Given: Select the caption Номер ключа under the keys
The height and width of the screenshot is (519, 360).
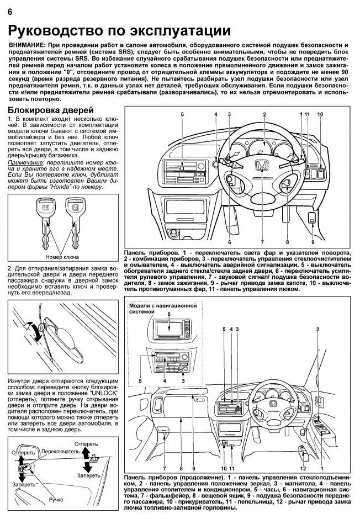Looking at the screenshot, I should (61, 257).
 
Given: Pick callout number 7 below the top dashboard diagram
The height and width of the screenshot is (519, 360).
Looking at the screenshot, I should (262, 242).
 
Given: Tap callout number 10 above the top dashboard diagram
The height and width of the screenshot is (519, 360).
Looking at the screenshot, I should (320, 114).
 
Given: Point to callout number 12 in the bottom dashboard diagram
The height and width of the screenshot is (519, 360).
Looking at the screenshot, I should (303, 468).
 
